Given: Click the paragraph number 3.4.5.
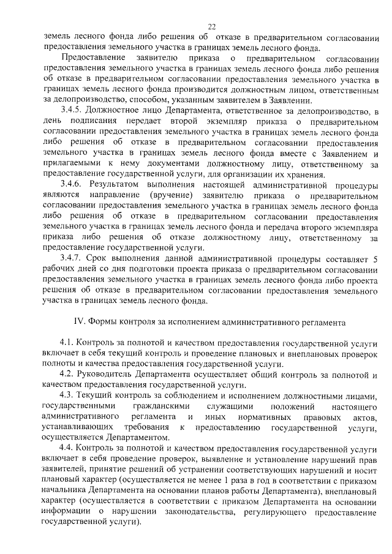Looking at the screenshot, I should tap(72, 111).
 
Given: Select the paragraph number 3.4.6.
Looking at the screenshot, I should tap(72, 184).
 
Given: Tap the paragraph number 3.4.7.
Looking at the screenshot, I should tap(72, 258).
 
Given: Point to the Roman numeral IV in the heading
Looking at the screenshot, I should tap(78, 321).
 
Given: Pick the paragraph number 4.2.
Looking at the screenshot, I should tap(68, 375).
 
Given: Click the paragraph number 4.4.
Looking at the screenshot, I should tap(68, 449).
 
